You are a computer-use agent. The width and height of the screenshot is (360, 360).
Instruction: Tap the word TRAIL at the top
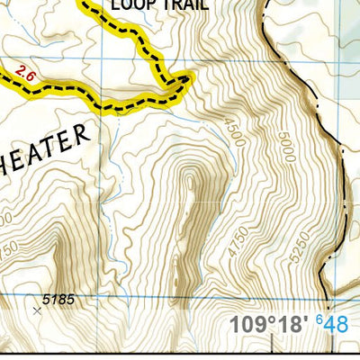pyautogui.click(x=185, y=5)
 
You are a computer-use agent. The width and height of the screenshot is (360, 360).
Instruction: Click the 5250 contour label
pyautogui.click(x=303, y=247)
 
